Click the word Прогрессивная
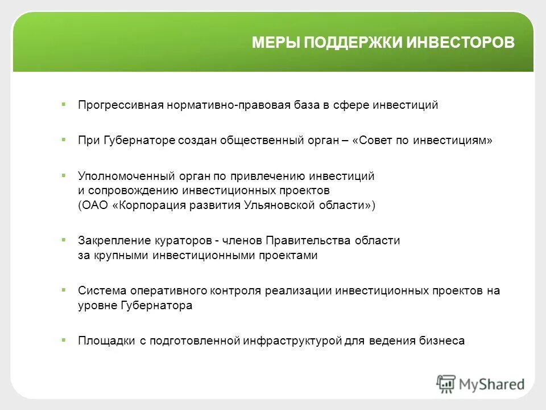pyautogui.click(x=121, y=105)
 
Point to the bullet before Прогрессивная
pyautogui.click(x=64, y=105)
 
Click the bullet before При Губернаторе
pyautogui.click(x=64, y=140)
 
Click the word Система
pyautogui.click(x=99, y=291)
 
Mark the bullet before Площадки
pyautogui.click(x=64, y=341)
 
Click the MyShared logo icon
pyautogui.click(x=446, y=384)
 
